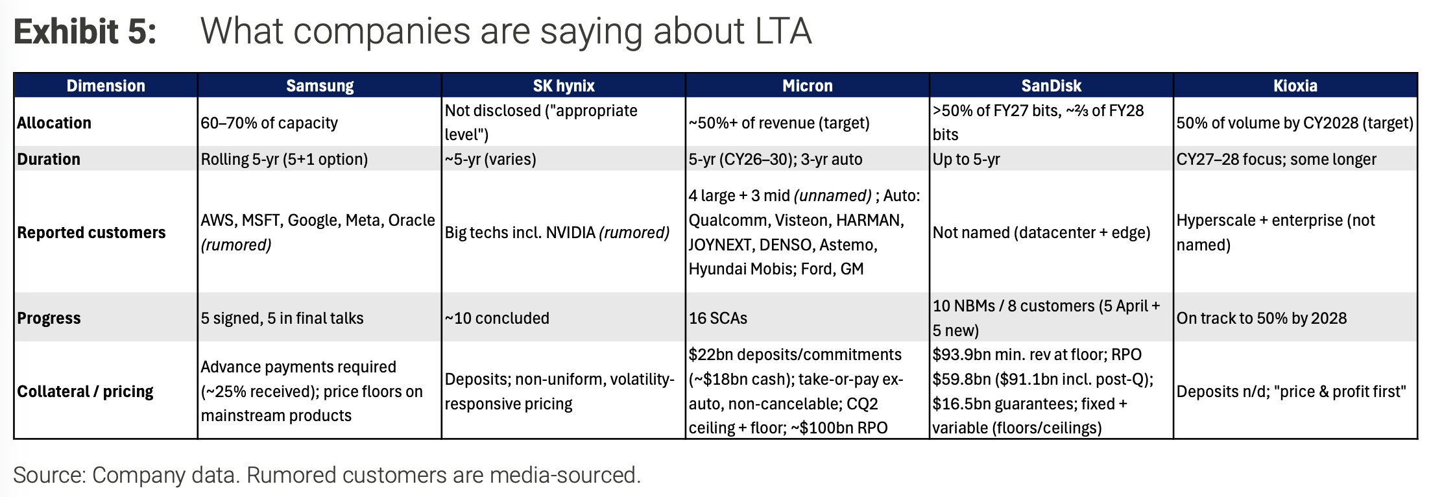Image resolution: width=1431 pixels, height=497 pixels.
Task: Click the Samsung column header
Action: [x=320, y=86]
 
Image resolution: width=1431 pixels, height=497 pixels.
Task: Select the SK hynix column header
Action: [x=564, y=86]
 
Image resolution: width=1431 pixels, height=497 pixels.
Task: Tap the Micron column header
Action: [x=808, y=86]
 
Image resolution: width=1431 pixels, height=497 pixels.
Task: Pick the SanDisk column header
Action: [x=1052, y=86]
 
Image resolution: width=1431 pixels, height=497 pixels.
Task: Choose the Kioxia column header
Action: [x=1295, y=86]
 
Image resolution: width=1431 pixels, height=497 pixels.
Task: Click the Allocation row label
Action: [x=54, y=123]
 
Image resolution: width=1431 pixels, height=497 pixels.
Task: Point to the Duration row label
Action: [x=49, y=159]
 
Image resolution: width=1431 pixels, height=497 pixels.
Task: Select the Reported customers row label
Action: [x=91, y=232]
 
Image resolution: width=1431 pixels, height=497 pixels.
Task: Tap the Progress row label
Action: [x=49, y=318]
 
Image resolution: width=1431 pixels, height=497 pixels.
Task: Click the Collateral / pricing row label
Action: [x=85, y=391]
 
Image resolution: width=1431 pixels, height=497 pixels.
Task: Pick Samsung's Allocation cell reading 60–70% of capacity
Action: [x=269, y=123]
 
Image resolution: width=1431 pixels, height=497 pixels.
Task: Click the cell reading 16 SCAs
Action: [x=718, y=318]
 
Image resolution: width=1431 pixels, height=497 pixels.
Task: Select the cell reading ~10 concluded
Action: [x=497, y=318]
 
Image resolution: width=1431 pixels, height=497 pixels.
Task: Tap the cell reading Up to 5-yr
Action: [x=967, y=159]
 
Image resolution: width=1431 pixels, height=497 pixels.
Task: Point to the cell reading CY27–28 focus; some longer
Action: [x=1277, y=159]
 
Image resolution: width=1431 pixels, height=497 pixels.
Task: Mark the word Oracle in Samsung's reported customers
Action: [x=412, y=220]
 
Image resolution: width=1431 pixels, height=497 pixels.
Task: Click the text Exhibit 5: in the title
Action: [x=85, y=31]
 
